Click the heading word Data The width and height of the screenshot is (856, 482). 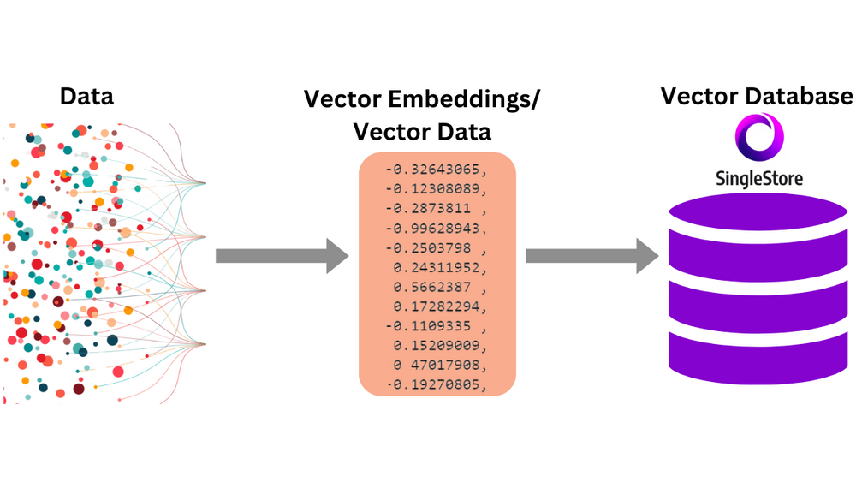point(86,97)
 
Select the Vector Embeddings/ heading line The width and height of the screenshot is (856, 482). point(422,99)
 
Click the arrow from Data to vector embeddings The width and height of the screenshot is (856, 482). point(282,255)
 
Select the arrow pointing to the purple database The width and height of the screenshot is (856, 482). point(591,255)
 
